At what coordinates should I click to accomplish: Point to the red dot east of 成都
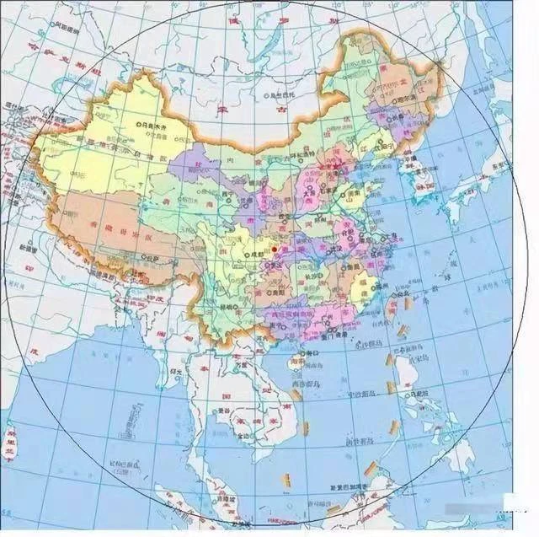(275, 250)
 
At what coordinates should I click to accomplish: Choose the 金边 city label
(244, 434)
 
